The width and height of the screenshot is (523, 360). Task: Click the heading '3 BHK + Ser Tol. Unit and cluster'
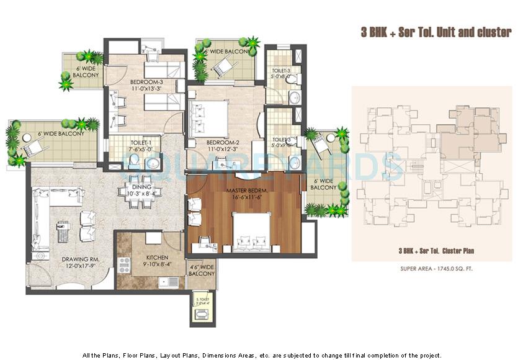click(436, 32)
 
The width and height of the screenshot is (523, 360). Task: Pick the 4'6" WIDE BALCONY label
click(201, 271)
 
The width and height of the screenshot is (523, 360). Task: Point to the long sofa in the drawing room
click(42, 223)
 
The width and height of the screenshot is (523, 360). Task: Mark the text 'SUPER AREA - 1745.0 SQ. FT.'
click(432, 269)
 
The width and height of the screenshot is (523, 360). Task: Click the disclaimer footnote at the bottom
click(262, 356)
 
